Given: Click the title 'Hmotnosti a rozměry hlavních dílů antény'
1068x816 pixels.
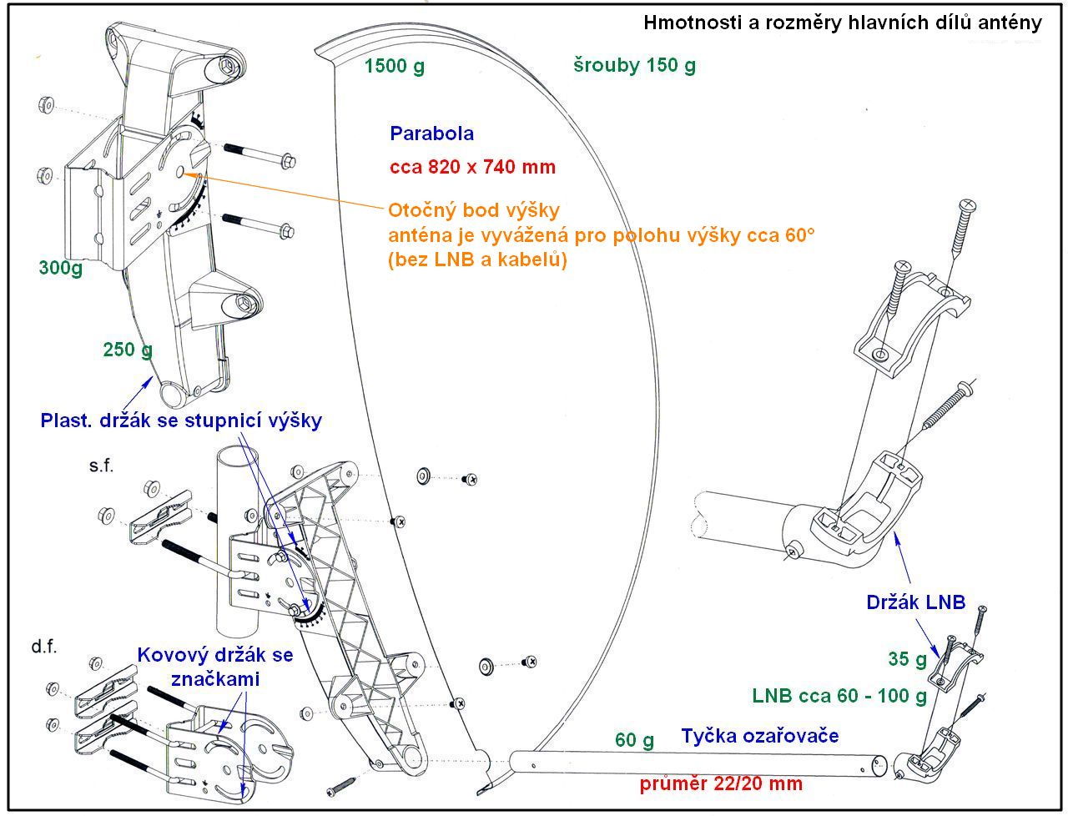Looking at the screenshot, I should tap(842, 23).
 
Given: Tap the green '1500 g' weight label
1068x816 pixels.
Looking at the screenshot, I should tap(394, 66).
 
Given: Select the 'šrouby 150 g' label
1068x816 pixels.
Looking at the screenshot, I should tap(634, 65).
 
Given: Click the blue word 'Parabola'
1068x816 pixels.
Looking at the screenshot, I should tap(431, 133).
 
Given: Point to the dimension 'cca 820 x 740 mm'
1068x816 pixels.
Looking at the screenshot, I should tap(472, 167).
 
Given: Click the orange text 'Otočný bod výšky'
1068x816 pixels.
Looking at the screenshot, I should tap(474, 209).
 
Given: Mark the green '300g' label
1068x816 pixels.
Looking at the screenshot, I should tap(60, 268).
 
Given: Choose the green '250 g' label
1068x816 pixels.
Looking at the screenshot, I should tap(128, 350).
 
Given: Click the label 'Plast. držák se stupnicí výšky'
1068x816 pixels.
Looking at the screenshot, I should tap(180, 421).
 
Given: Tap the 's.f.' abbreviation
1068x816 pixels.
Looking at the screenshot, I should tap(101, 466).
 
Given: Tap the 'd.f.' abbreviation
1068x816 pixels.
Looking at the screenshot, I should tap(44, 647).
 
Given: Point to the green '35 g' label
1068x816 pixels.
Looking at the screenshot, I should tap(907, 659).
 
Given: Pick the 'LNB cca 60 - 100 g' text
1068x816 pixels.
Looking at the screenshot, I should tap(839, 696).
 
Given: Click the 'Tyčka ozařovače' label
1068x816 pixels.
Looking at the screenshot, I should tap(759, 736).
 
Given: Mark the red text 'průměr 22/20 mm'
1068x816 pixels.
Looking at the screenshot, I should tap(721, 783).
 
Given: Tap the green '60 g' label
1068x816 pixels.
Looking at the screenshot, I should tap(634, 739).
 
